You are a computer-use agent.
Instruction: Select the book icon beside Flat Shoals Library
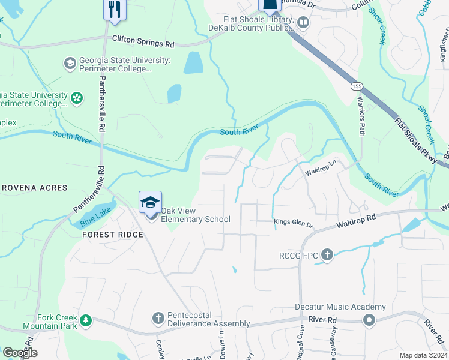pos(303,23)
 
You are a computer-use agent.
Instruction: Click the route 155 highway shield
pos(357,86)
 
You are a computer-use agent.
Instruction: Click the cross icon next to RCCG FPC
pos(327,255)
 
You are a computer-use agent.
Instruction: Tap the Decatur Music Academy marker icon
pos(369,321)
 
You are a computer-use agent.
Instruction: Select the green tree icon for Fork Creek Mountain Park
pos(86,320)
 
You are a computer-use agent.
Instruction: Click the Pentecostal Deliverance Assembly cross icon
pos(158,318)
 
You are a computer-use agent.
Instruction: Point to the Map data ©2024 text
pos(423,355)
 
